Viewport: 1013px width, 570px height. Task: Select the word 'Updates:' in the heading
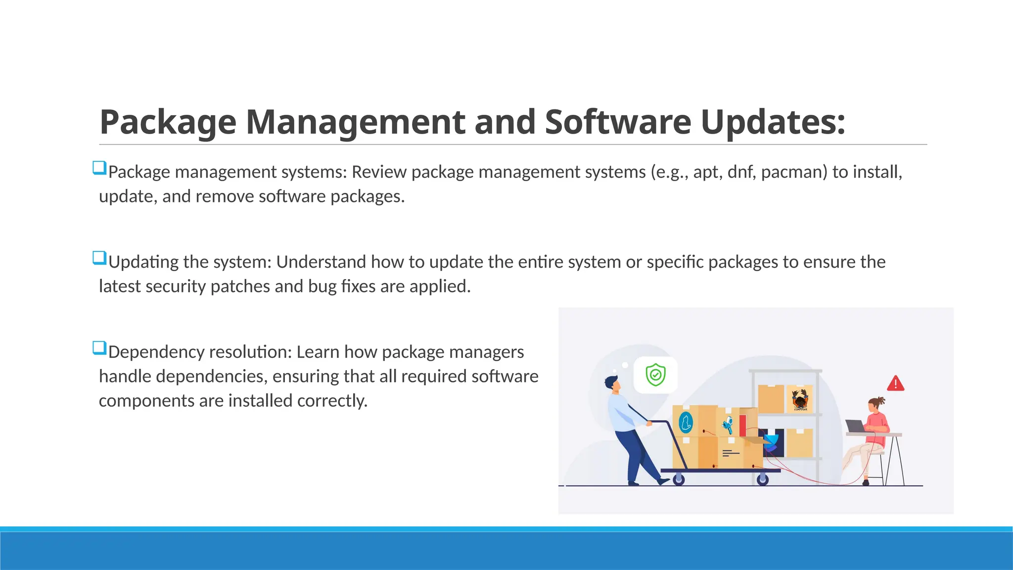pos(773,122)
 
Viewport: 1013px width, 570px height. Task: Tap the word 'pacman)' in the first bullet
pos(794,172)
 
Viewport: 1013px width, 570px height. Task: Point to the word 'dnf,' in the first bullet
pos(741,172)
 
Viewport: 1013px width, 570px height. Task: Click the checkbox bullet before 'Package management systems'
pos(99,168)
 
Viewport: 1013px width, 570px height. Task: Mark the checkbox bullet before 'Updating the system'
pos(99,258)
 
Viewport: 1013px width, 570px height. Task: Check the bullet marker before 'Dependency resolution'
pos(99,348)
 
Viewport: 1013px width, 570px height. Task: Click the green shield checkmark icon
pos(655,375)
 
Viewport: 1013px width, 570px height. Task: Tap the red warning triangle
pos(895,383)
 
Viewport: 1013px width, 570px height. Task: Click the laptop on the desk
pos(855,426)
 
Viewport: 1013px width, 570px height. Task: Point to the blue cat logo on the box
pos(686,422)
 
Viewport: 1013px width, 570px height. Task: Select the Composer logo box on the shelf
pos(799,399)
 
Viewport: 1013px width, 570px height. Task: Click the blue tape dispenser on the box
pos(728,424)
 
